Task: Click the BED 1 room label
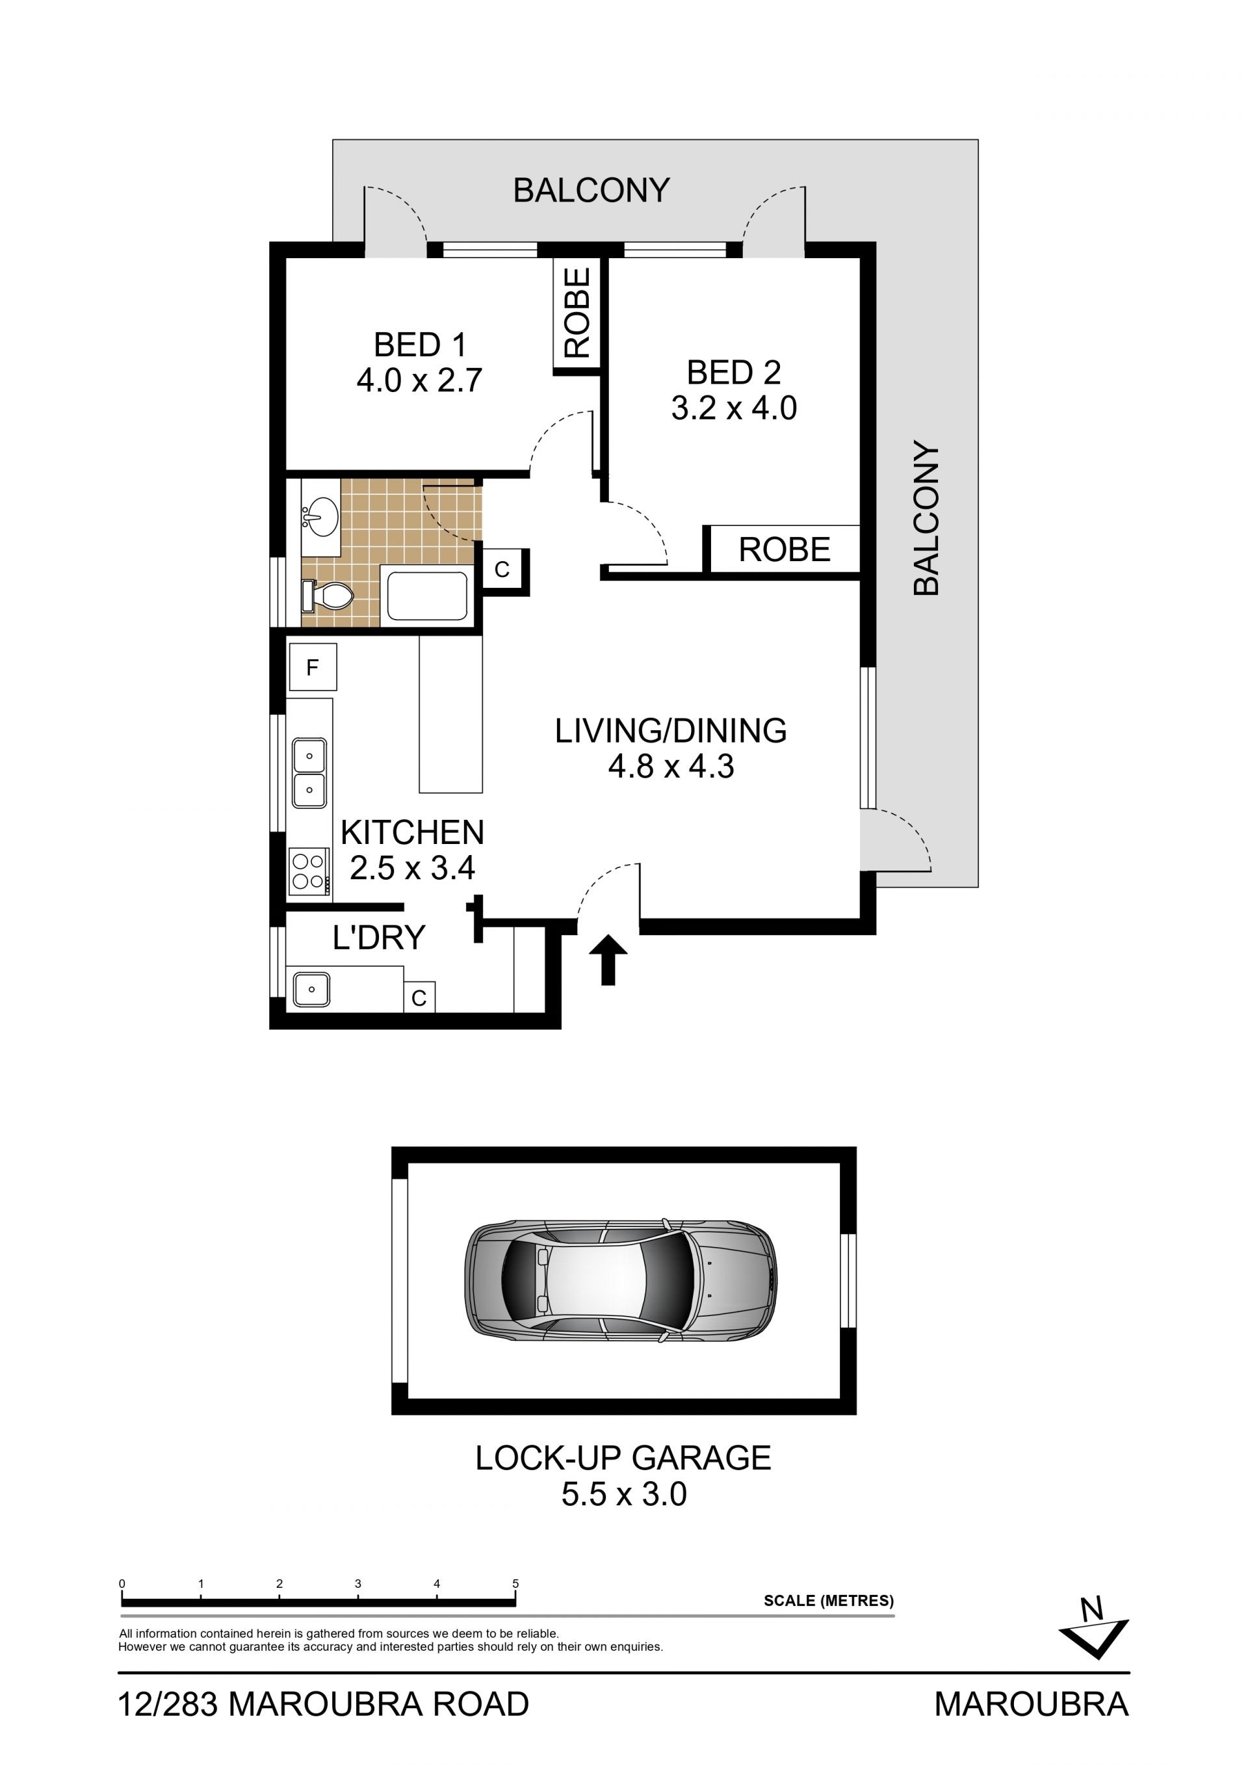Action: [420, 345]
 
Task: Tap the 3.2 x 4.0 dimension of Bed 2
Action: [734, 408]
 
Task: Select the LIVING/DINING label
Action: [671, 731]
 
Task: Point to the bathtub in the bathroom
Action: [427, 596]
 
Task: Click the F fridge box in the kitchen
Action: [313, 667]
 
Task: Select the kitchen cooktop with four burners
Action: [309, 871]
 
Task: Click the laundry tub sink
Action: [311, 989]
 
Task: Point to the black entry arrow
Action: [608, 959]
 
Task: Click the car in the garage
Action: [621, 1281]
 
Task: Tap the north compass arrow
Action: [1093, 1639]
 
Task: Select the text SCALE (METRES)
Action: [828, 1601]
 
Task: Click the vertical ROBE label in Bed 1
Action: [577, 311]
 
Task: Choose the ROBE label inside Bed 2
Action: [785, 550]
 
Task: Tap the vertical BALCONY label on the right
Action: [927, 518]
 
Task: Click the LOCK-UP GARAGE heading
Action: [623, 1458]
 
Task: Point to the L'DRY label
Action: [378, 938]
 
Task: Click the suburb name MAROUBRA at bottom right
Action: [1031, 1704]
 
